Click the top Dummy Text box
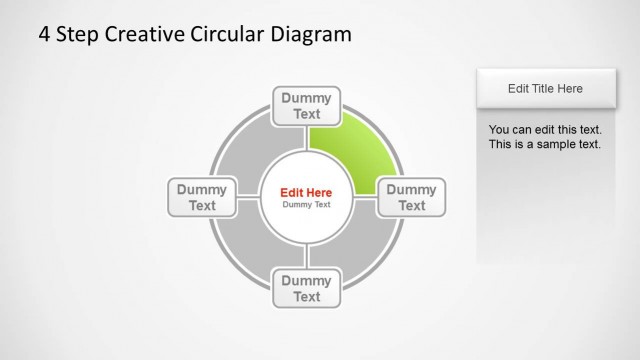pos(307,106)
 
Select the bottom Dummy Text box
pos(307,288)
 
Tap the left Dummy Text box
pos(202,197)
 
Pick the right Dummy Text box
pos(412,197)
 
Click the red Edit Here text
pos(306,192)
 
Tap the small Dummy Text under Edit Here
pos(306,205)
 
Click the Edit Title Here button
pos(545,89)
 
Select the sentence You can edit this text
pos(545,130)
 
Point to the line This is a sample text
pos(545,144)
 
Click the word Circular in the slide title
pos(231,34)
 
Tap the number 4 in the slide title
pos(44,34)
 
